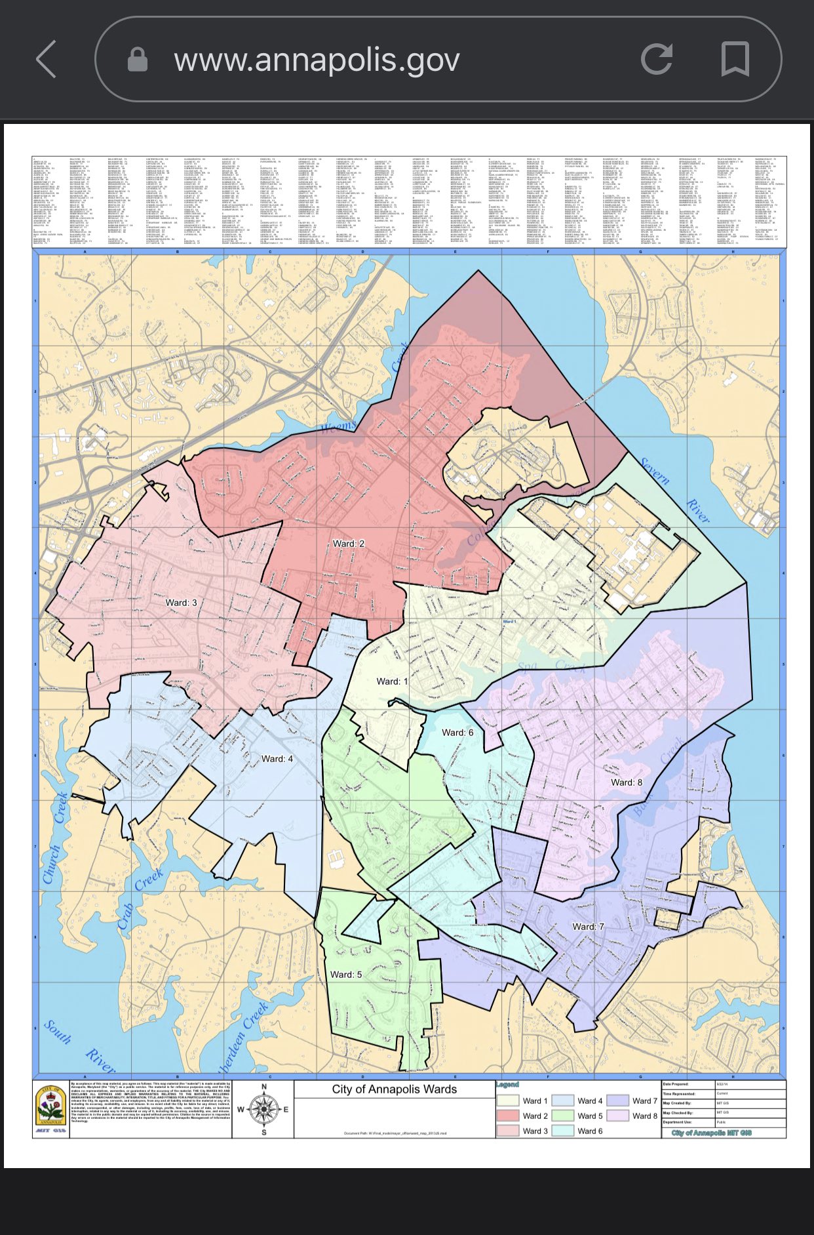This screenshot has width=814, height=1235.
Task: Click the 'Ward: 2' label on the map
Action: pos(348,543)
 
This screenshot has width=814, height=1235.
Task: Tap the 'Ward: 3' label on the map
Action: pos(181,602)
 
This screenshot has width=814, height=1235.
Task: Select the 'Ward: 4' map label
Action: pos(277,759)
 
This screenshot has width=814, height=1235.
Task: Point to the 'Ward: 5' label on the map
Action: pos(346,974)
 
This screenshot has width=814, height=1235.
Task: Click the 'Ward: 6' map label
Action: pos(457,732)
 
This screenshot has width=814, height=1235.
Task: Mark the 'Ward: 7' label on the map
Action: pos(588,926)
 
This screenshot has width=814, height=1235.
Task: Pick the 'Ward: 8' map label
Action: pos(627,782)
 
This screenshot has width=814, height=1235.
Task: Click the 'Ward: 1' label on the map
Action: pos(392,681)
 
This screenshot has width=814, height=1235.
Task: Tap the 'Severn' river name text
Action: pos(655,471)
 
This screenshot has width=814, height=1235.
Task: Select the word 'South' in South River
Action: pos(58,1032)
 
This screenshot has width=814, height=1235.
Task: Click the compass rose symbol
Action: pos(264,1109)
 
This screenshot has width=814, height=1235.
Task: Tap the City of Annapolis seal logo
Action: pos(51,1109)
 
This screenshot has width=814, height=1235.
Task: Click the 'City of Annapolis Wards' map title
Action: pos(395,1089)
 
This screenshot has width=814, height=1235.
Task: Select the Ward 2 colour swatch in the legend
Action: pos(508,1116)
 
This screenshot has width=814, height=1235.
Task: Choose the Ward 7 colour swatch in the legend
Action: pos(618,1101)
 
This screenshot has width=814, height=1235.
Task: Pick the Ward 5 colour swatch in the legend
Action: pos(563,1116)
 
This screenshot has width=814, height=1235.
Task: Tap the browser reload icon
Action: pos(656,60)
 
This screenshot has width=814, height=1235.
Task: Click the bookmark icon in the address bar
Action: pos(735,60)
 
